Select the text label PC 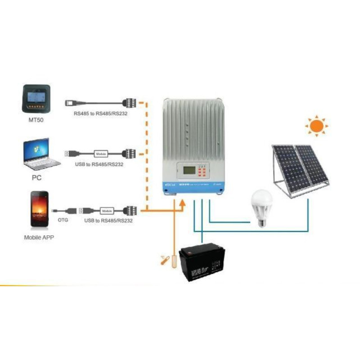[x=37, y=177]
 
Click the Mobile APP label [x=39, y=237]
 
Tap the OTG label [x=63, y=221]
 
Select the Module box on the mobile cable [x=107, y=210]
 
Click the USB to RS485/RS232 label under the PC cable [x=99, y=164]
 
